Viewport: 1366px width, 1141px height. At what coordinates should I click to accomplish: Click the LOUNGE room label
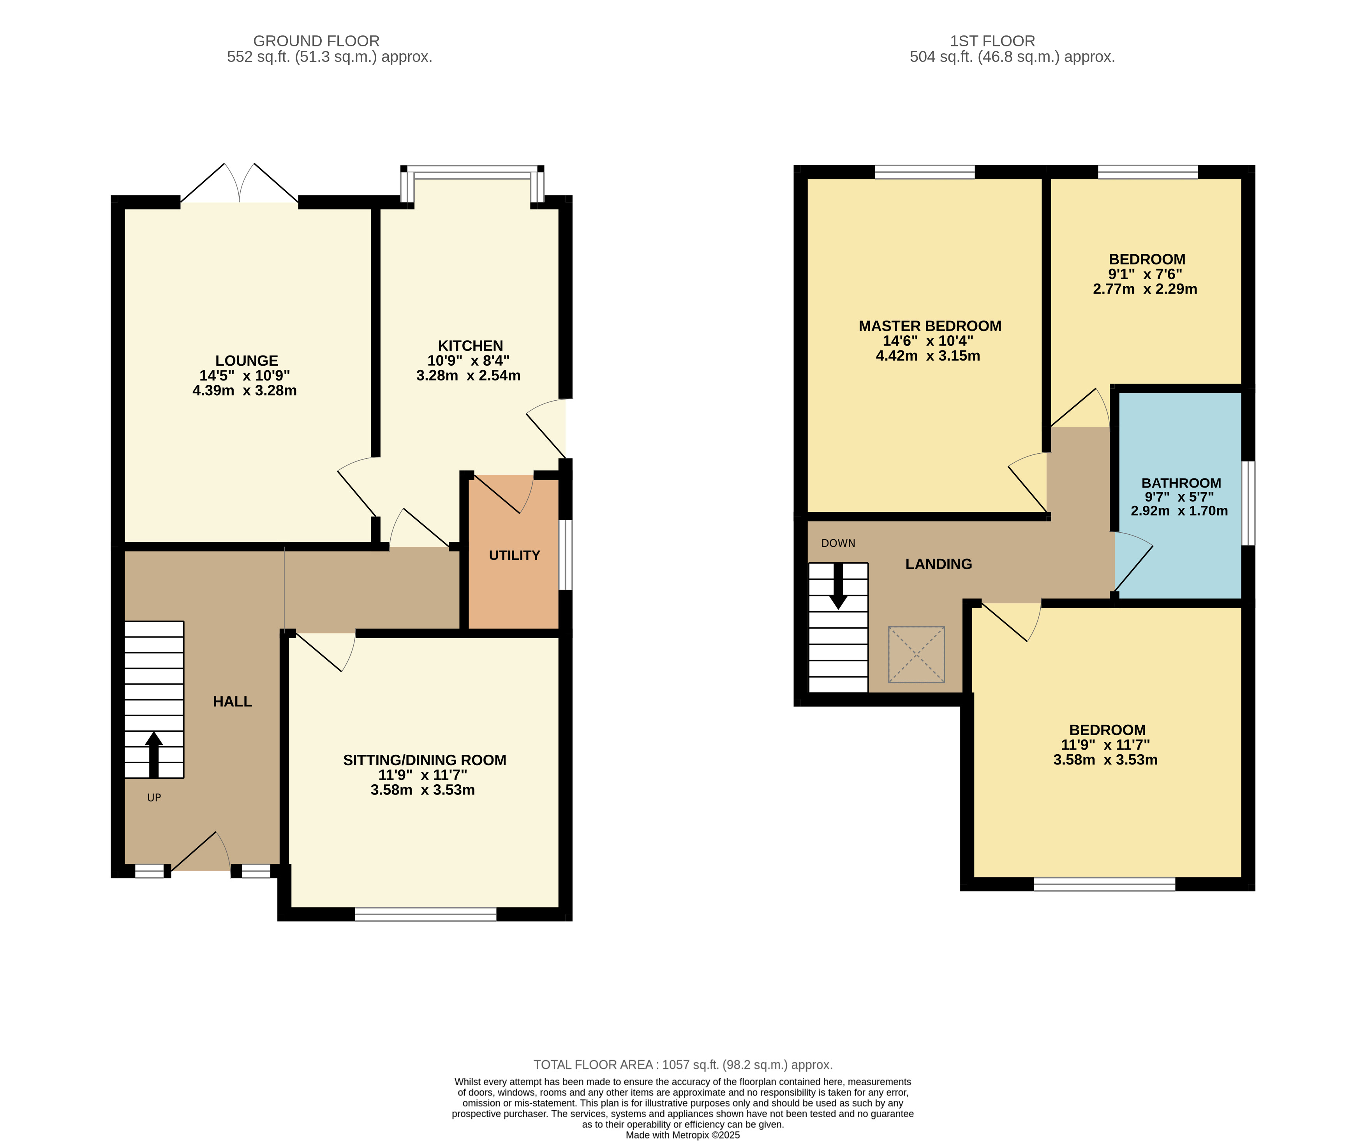click(247, 360)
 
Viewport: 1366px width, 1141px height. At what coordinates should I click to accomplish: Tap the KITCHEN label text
click(470, 345)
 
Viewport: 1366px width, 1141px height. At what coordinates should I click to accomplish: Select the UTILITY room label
click(515, 555)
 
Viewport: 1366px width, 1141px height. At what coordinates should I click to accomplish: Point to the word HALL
click(232, 701)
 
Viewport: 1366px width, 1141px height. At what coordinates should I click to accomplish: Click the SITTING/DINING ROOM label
click(425, 760)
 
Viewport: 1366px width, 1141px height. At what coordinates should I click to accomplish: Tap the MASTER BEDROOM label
click(930, 326)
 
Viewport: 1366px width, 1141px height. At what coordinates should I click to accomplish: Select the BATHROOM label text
click(1181, 482)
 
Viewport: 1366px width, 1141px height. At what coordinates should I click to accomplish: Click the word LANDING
click(939, 564)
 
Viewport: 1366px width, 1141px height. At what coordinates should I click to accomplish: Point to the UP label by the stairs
click(154, 798)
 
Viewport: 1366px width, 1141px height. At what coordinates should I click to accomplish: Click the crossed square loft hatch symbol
click(917, 654)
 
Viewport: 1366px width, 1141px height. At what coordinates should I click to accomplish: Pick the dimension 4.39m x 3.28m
click(245, 390)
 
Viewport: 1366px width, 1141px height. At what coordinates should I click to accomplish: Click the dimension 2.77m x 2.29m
click(1145, 289)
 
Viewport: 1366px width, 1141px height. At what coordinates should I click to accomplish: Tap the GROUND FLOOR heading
click(316, 41)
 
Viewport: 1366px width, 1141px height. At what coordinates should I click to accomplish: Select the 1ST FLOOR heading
click(992, 41)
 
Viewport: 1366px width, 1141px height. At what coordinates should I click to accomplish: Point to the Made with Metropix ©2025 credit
click(683, 1135)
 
